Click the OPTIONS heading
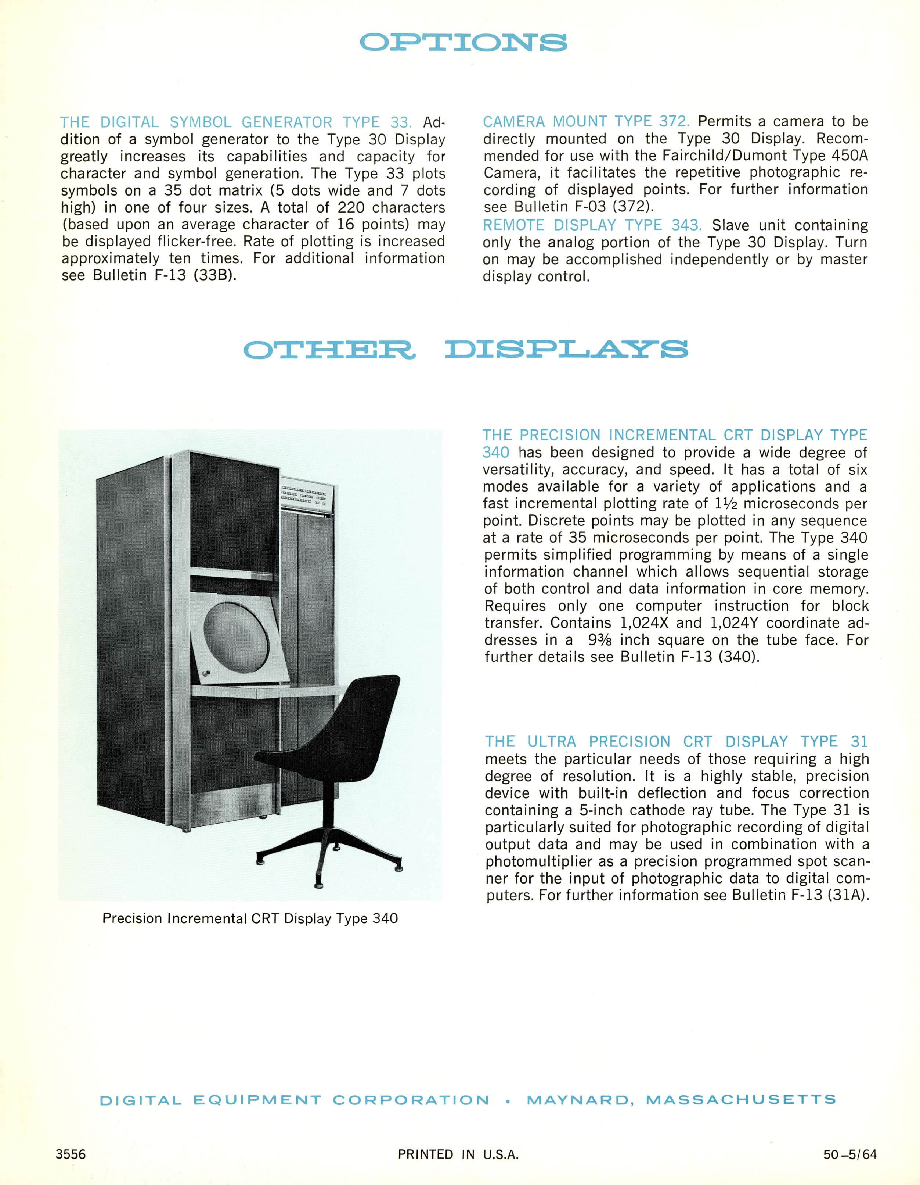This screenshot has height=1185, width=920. point(463,42)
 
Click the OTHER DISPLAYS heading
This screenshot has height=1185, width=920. point(465,349)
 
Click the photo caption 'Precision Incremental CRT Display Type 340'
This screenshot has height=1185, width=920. point(250,918)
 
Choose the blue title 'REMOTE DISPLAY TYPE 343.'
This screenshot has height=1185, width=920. point(592,225)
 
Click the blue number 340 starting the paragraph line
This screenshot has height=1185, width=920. point(495,453)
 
